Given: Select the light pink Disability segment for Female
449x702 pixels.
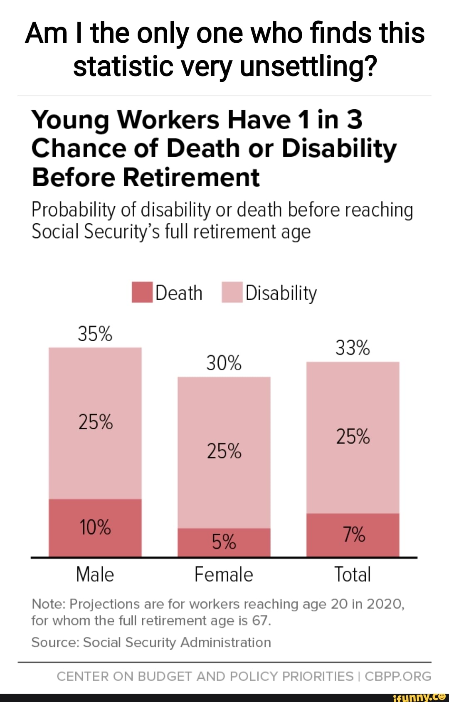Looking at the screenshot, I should point(224,416).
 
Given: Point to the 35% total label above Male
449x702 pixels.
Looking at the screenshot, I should point(95,334).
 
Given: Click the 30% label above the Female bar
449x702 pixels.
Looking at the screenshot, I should point(224,363).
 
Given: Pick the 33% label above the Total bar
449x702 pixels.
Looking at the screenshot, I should point(353,348).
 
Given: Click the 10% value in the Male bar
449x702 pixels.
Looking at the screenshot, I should point(95,527).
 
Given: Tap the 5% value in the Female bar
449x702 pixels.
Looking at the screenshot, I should point(224,542).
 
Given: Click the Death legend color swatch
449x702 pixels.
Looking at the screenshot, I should point(142,293).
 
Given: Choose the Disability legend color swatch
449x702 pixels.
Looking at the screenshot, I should point(232,293).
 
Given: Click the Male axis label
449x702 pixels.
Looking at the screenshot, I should point(95,575).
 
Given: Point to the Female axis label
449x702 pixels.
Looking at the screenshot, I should point(224,575).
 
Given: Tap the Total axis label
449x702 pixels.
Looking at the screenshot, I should point(353,575).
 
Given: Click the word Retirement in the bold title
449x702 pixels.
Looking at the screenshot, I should point(191,177).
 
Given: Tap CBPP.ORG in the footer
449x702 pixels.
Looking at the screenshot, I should point(398,677).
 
